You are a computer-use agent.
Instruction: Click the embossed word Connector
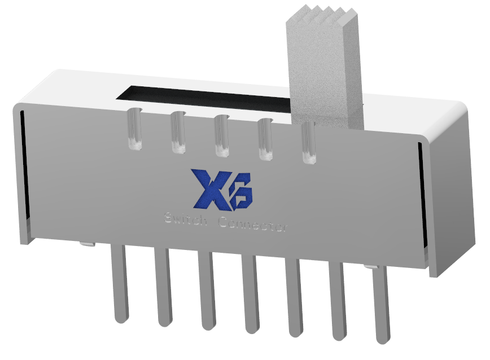tap(253, 224)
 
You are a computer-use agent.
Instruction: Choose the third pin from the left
tap(206, 291)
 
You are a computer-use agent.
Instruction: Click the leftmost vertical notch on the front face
tap(134, 129)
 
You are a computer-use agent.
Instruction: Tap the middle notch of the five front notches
tap(221, 135)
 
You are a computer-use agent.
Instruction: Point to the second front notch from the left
tap(177, 133)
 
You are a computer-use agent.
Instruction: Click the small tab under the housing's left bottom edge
tap(86, 244)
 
